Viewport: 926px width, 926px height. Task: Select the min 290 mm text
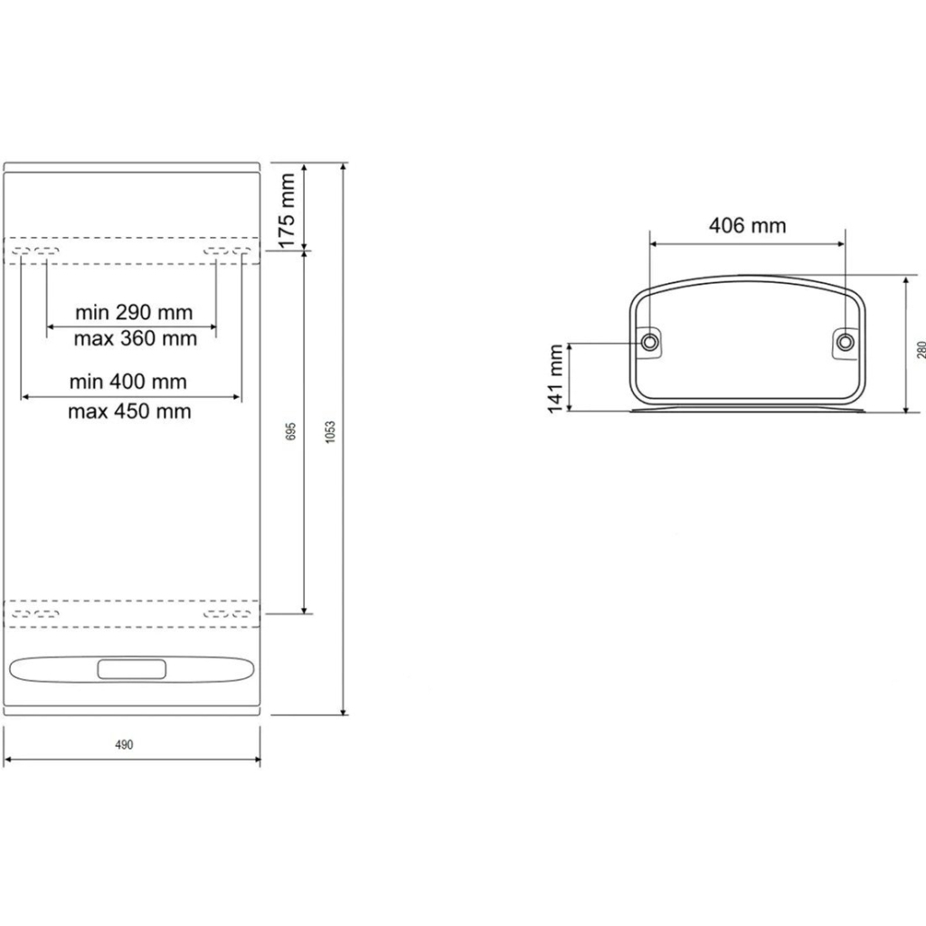point(134,313)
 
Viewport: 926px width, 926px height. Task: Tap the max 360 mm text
point(134,339)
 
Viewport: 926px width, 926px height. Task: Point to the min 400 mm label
point(128,382)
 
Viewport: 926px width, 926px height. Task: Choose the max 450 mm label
point(129,411)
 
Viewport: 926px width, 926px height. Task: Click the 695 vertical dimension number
point(290,430)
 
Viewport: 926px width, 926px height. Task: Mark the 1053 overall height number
point(330,430)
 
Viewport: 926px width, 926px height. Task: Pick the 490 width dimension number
point(125,745)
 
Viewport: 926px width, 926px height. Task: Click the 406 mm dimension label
point(747,225)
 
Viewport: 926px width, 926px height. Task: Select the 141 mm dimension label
point(554,377)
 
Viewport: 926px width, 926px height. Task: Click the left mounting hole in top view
point(650,342)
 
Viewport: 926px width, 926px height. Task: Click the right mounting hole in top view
point(845,342)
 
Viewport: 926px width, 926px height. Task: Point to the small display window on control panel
point(131,669)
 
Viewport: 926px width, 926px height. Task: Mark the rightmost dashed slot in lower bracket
point(241,614)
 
